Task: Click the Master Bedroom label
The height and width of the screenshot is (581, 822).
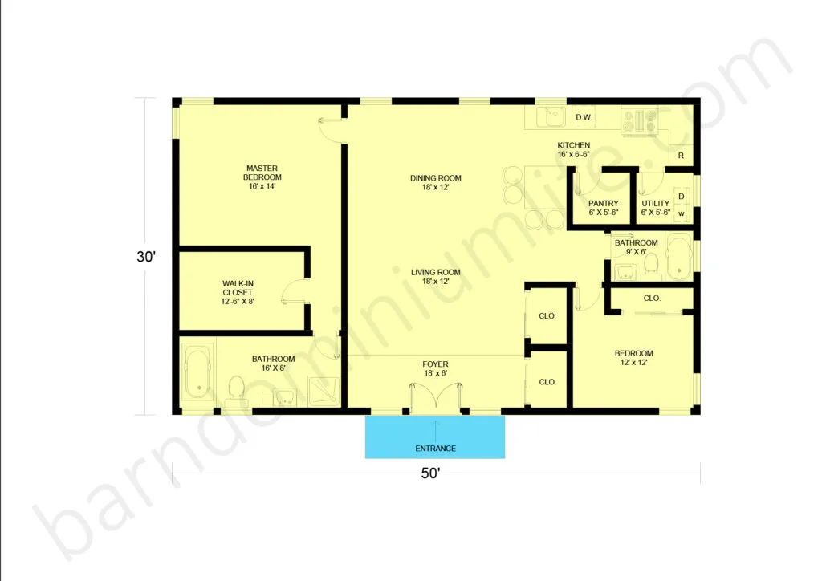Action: pos(262,177)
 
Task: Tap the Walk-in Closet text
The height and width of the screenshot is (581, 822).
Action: pos(238,292)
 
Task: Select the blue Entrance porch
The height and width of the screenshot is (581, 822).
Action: pos(435,437)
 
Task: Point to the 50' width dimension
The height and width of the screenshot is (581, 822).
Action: pos(430,473)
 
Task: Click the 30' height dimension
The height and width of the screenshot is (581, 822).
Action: pos(146,257)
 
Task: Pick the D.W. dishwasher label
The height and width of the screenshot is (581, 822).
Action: pos(584,117)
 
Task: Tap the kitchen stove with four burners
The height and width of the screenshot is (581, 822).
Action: pos(639,121)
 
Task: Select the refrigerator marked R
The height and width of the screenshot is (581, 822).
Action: pos(681,156)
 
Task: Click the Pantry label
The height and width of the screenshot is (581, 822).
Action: pos(604,208)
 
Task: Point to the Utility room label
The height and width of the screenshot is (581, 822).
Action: pos(656,208)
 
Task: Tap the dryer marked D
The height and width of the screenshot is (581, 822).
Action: pos(682,196)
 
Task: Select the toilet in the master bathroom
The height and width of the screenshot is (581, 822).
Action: pos(237,388)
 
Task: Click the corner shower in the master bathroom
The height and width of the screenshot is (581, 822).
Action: pos(324,390)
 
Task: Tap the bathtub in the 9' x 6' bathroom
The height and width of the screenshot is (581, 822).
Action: pos(679,256)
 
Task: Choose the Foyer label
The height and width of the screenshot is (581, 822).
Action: pos(436,368)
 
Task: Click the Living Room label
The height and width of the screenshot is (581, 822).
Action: pos(436,277)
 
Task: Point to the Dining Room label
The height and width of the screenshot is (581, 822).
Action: pos(436,182)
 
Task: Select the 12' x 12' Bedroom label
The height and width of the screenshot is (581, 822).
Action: pos(634,357)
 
